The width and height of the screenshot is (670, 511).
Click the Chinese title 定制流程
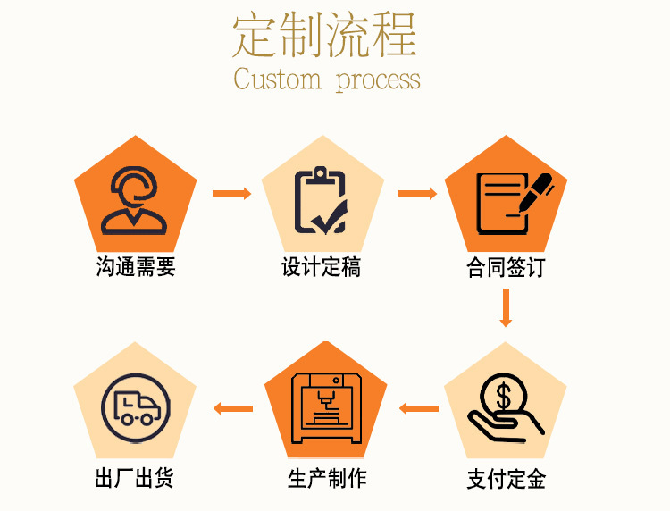click(325, 35)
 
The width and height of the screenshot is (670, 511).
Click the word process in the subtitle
click(378, 81)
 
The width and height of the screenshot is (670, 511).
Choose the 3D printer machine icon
click(326, 408)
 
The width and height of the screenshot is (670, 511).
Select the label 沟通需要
click(136, 266)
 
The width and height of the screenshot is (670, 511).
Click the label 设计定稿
click(322, 266)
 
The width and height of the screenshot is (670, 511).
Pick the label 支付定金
click(506, 479)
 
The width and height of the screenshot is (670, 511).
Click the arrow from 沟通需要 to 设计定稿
click(231, 193)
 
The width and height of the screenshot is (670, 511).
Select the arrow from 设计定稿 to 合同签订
click(417, 193)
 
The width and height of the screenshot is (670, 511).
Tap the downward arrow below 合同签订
click(506, 308)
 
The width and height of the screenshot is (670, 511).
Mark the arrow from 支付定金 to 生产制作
click(418, 409)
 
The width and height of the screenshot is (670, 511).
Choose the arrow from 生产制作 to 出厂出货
click(232, 409)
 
